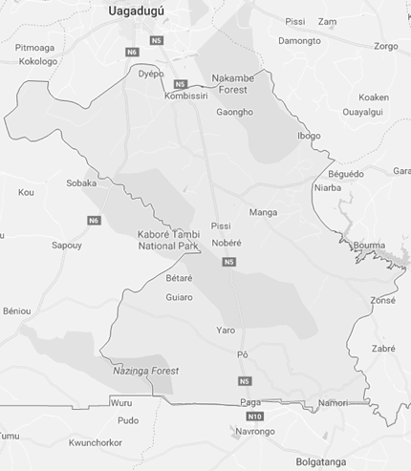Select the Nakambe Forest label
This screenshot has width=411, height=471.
[238, 84]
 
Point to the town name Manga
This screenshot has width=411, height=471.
[262, 212]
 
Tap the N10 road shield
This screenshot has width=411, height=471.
[253, 417]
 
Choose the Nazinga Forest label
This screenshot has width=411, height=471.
[143, 370]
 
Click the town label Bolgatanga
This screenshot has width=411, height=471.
[324, 462]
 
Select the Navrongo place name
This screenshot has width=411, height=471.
[254, 432]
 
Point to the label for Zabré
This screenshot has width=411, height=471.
[383, 349]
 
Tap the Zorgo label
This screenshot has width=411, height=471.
[386, 46]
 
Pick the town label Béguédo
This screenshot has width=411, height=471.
[346, 174]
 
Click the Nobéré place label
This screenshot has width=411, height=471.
[227, 243]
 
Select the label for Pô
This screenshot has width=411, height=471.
[243, 354]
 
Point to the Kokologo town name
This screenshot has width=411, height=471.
[38, 62]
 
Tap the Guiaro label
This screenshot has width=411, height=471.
[179, 297]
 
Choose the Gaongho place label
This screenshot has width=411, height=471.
[235, 112]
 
